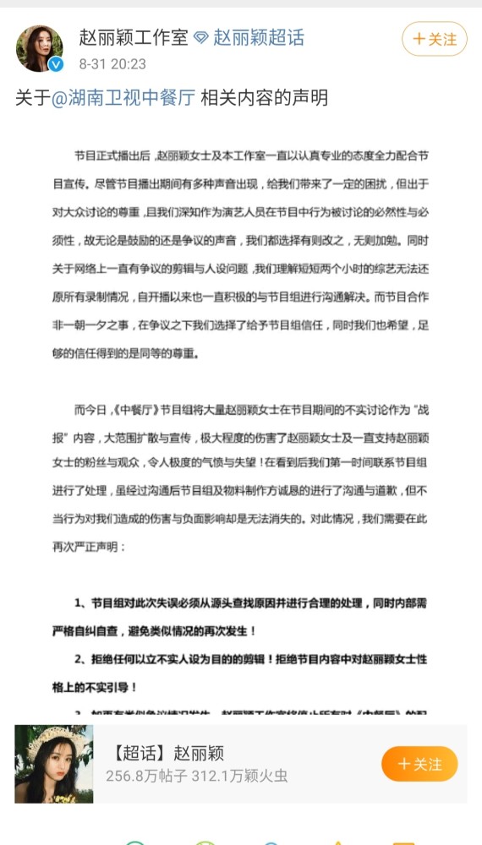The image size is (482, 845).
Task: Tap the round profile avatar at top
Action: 39,48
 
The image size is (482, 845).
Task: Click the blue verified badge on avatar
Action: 55,65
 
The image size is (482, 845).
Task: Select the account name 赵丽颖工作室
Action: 134,38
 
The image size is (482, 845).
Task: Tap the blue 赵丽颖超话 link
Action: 258,38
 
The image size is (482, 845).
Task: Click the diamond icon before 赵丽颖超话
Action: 200,39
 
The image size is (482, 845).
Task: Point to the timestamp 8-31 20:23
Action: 112,64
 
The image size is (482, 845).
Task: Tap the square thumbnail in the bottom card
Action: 54,764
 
